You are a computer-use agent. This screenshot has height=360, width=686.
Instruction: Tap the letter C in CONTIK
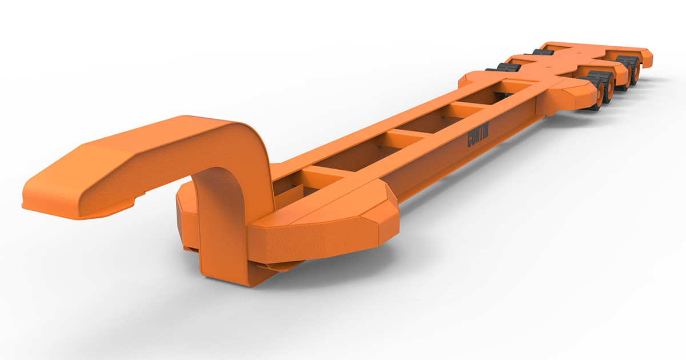click(471, 142)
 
